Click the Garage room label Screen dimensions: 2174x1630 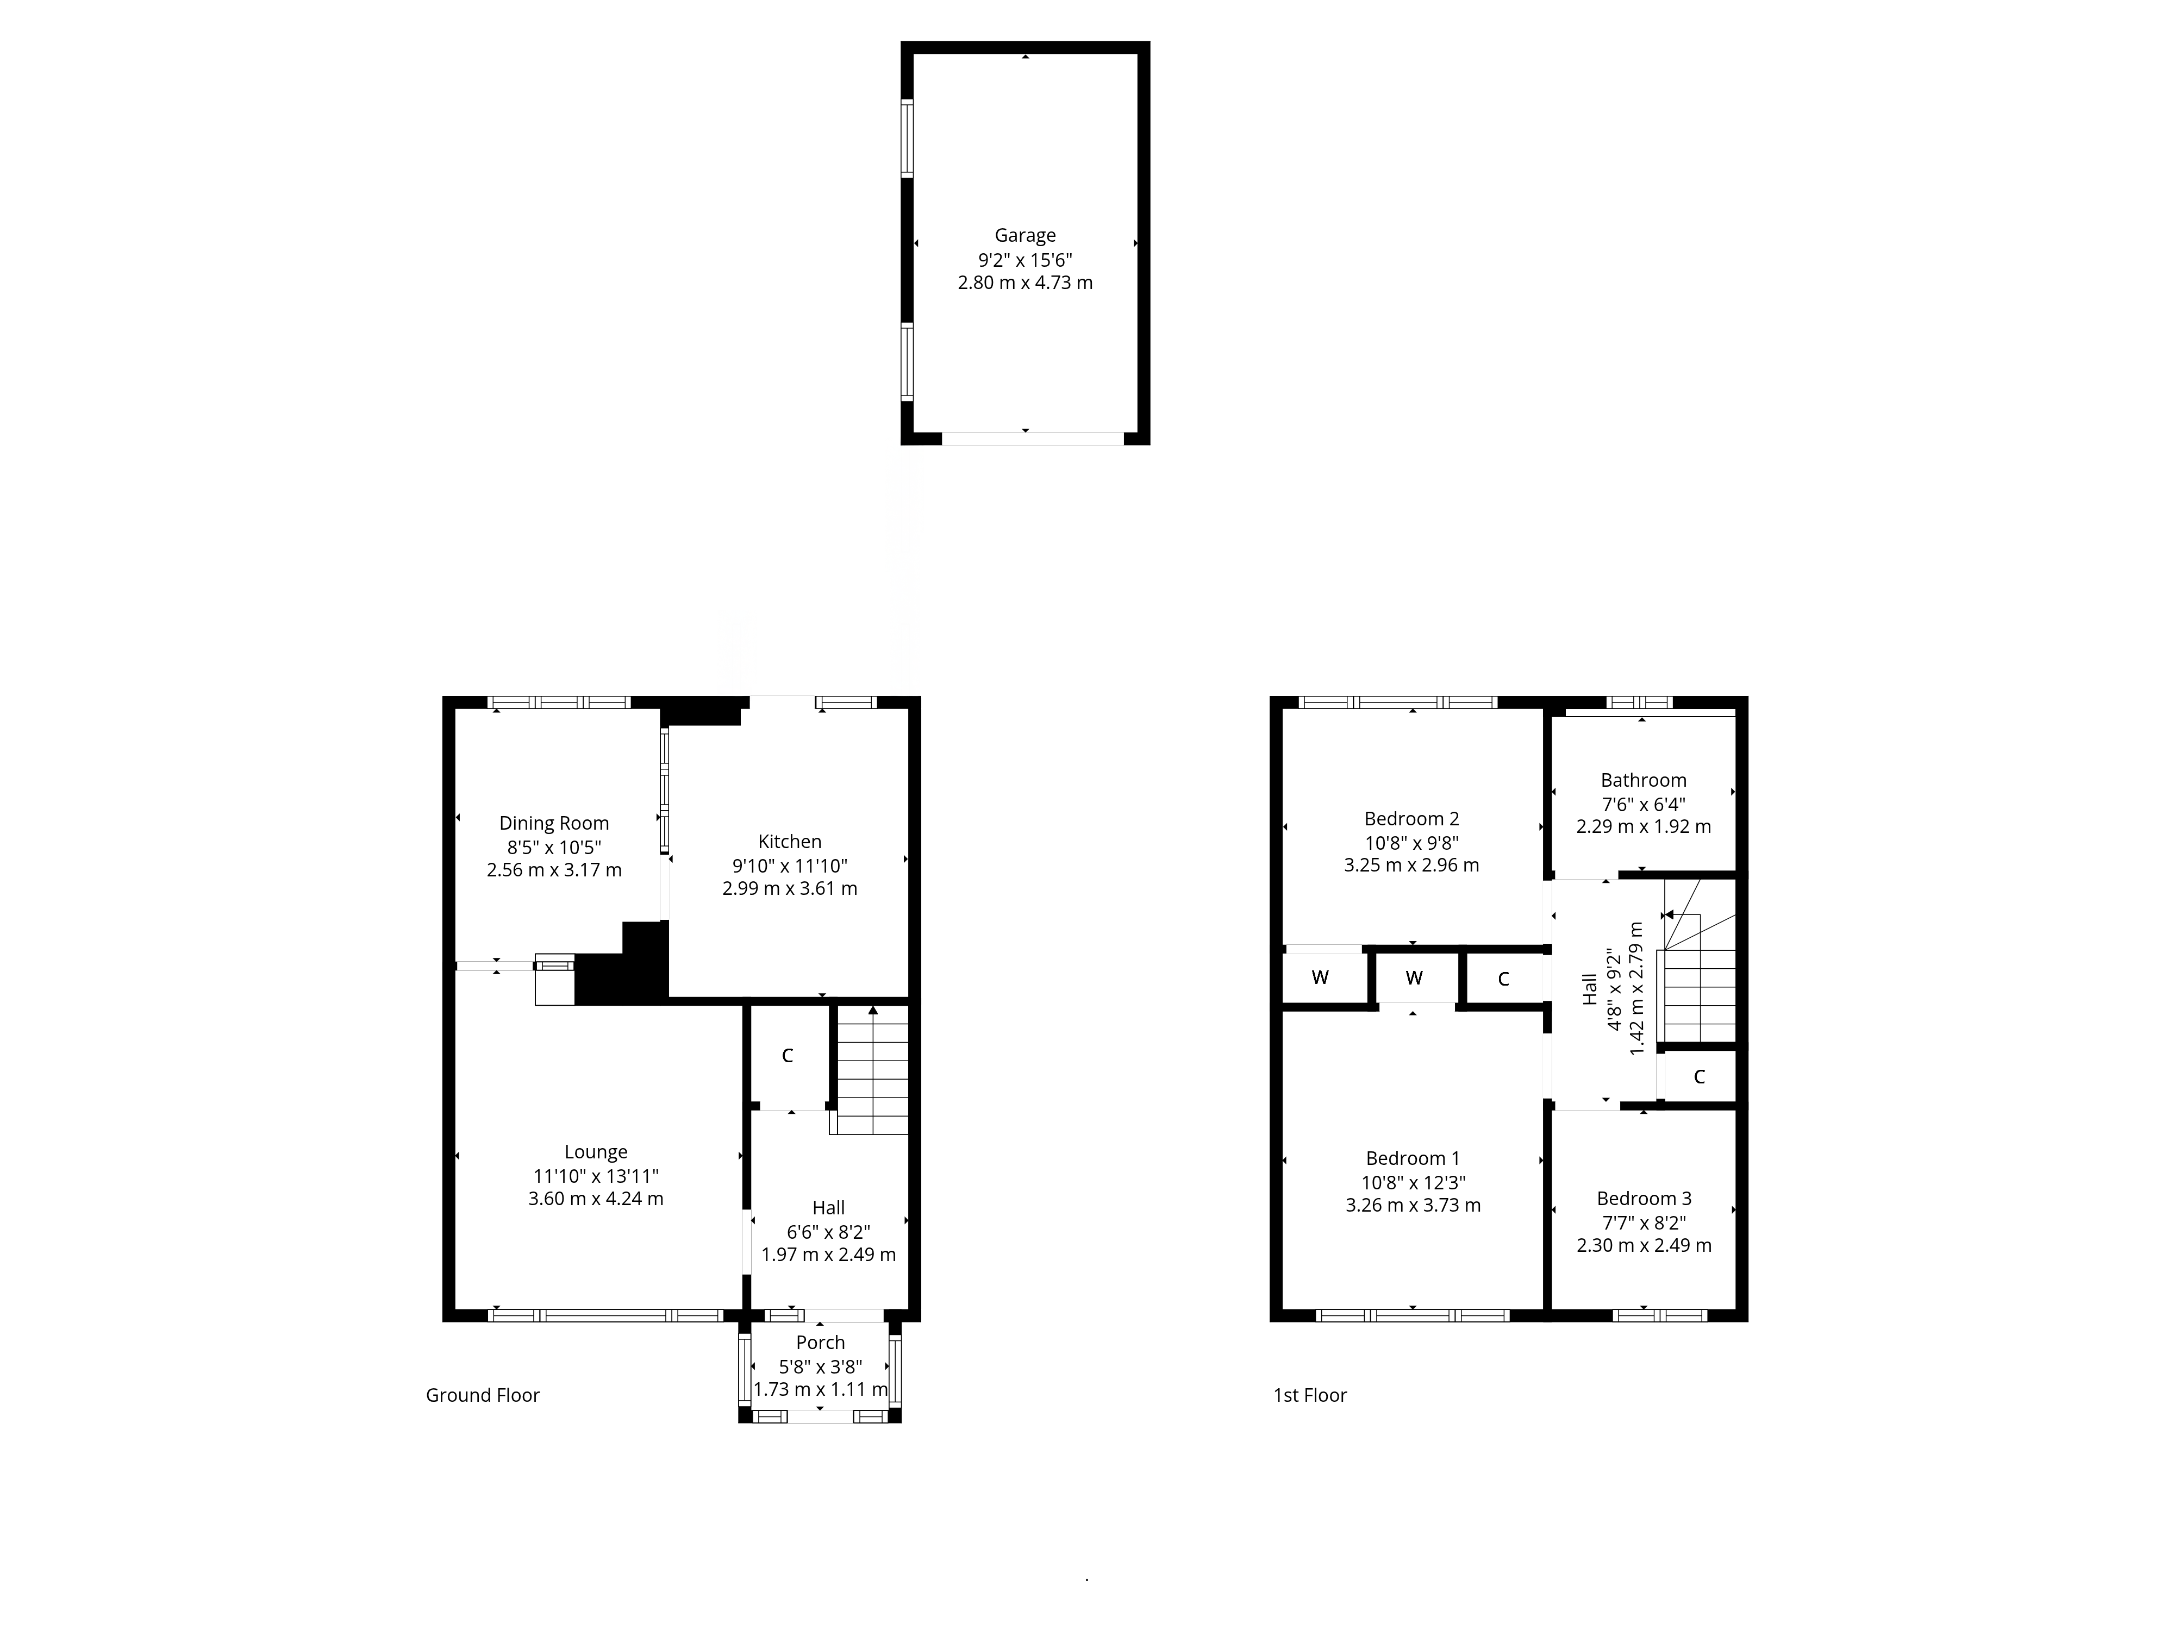pyautogui.click(x=1025, y=236)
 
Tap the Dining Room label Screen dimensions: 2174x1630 pyautogui.click(x=554, y=823)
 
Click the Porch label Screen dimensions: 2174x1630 pyautogui.click(x=821, y=1342)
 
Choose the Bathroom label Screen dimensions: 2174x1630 pyautogui.click(x=1644, y=780)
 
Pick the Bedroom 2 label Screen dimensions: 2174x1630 pyautogui.click(x=1411, y=818)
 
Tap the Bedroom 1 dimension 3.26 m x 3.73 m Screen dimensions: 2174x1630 pyautogui.click(x=1413, y=1206)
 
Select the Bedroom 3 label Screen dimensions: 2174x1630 pyautogui.click(x=1644, y=1199)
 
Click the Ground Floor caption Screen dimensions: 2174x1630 pyautogui.click(x=483, y=1395)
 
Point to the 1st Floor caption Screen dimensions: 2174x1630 pyautogui.click(x=1310, y=1395)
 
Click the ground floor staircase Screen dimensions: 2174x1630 pyautogui.click(x=871, y=1071)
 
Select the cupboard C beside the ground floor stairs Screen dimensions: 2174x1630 pyautogui.click(x=787, y=1056)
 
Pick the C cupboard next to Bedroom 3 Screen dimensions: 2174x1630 pyautogui.click(x=1700, y=1077)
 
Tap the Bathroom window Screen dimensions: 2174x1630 pyautogui.click(x=1639, y=701)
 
